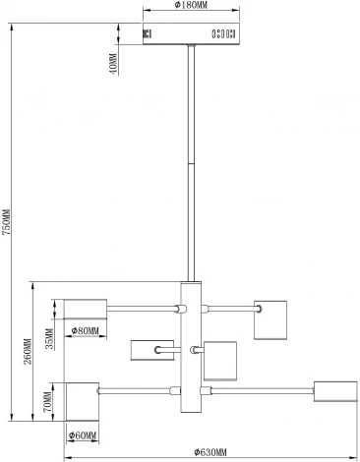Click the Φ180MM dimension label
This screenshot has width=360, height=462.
coord(191,5)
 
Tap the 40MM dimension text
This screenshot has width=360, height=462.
coord(113,64)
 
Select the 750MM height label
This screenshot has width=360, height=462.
coord(7,222)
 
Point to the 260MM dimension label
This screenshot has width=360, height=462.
coord(28,351)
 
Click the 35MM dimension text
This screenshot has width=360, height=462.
coord(49,339)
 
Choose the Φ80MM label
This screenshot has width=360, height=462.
coord(86,331)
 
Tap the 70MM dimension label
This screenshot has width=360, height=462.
coord(47,402)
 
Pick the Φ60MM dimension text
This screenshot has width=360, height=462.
coord(83,435)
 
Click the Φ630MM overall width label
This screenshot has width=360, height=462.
coord(210,452)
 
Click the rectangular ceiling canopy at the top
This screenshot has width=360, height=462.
coord(191,33)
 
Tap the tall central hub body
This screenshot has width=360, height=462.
coord(191,347)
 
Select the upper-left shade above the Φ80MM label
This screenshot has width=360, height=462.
coord(86,309)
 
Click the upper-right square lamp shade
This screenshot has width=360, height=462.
coord(270,319)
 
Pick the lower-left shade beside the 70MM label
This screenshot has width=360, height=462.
coord(83,402)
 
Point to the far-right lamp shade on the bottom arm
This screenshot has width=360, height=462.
coord(335,391)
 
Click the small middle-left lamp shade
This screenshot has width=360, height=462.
coord(152,350)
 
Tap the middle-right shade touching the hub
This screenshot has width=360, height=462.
coord(220,361)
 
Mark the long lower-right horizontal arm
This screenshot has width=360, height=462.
coord(263,390)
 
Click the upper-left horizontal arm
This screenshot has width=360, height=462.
coord(142,309)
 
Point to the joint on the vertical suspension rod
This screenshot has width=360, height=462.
coord(191,163)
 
